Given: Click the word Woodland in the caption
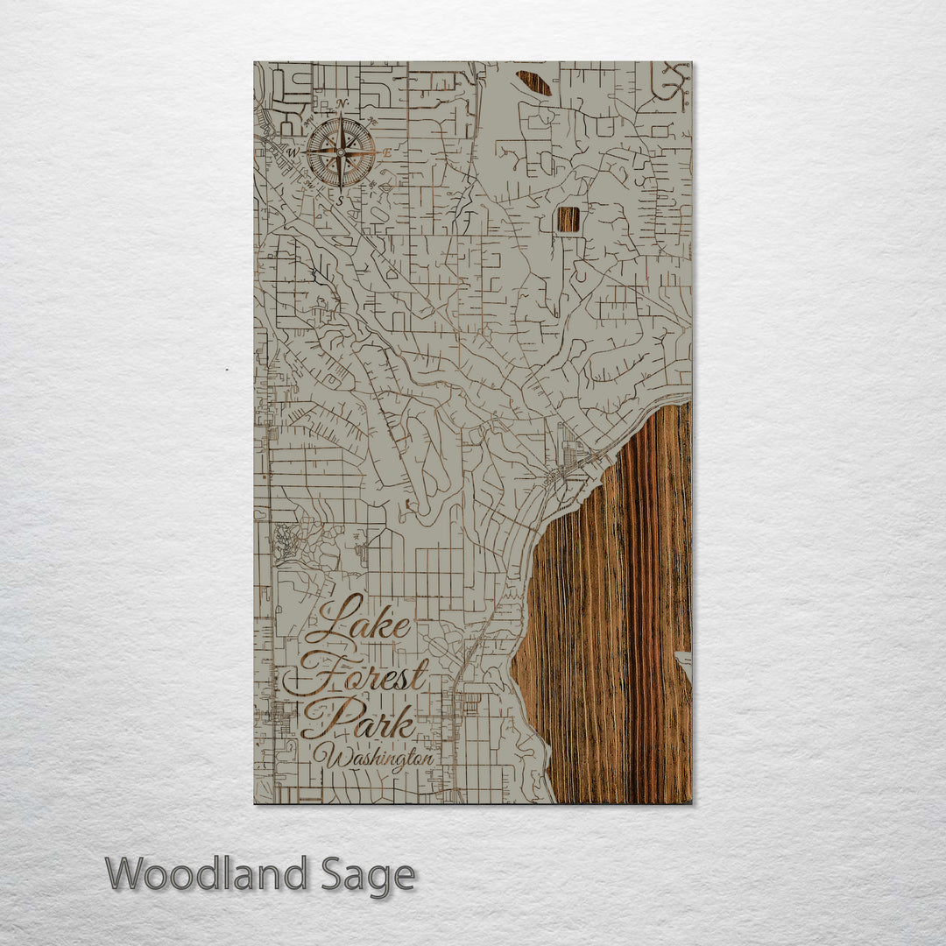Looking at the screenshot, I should tap(207, 875).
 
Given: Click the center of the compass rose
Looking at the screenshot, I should tap(341, 152).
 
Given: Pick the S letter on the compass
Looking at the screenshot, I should tap(341, 199).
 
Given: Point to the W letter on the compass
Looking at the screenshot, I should tap(294, 152).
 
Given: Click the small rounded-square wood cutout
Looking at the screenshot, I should tap(568, 219).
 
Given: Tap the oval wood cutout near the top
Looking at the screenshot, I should tap(533, 83).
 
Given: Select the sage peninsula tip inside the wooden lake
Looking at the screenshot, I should tap(682, 662).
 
